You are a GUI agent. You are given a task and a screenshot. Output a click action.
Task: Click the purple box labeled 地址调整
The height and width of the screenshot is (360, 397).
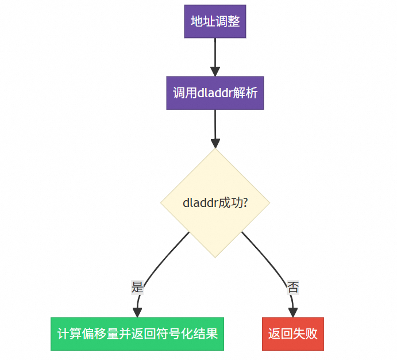pos(215,22)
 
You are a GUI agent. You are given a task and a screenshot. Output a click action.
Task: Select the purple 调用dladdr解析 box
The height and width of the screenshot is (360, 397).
pos(215,93)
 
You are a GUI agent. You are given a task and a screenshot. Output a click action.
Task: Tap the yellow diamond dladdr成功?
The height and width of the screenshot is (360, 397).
pos(215,203)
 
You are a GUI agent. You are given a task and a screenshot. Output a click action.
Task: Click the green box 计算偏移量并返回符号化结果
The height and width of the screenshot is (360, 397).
pos(137,334)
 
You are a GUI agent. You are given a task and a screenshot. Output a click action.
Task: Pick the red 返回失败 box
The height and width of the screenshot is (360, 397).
pos(293,334)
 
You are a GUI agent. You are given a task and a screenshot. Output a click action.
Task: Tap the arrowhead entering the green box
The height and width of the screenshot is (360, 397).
pos(137,312)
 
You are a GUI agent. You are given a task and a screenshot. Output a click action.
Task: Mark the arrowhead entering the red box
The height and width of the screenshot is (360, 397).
pos(293,312)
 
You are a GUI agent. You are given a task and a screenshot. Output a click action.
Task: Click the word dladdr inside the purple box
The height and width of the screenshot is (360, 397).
pos(214,93)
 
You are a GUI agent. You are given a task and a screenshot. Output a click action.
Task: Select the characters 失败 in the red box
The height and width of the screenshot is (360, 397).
pos(305,334)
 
